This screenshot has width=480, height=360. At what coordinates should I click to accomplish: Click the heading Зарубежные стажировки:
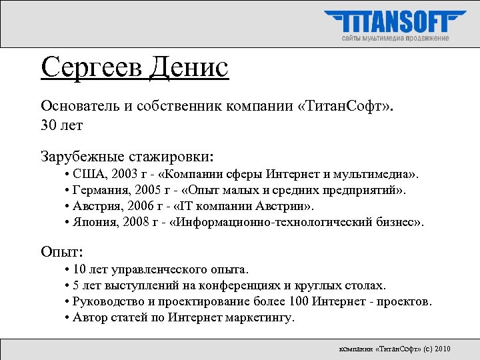[x=127, y=157]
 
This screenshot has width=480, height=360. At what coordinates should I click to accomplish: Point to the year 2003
[x=125, y=175]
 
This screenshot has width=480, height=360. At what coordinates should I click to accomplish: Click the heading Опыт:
[x=63, y=252]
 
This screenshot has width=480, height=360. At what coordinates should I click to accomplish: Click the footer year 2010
[x=442, y=349]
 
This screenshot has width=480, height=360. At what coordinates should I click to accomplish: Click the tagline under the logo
[x=395, y=39]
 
